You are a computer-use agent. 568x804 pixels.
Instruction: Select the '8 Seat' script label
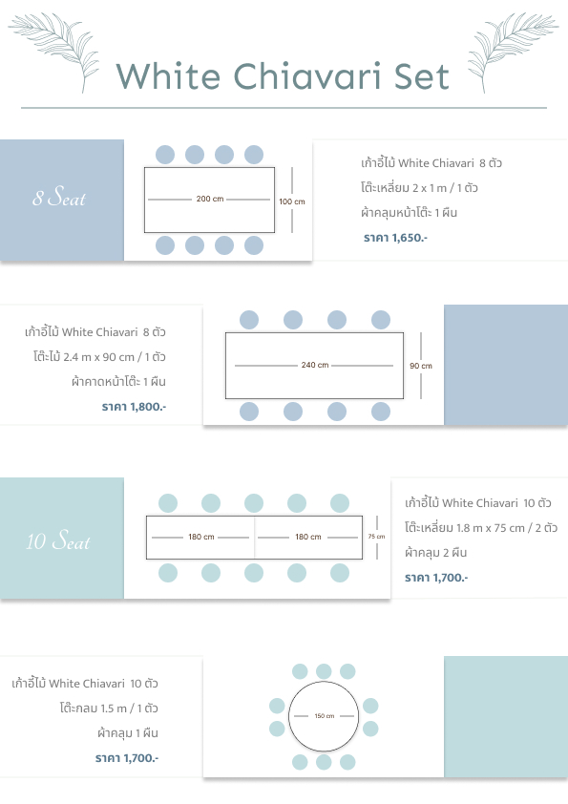coord(59,197)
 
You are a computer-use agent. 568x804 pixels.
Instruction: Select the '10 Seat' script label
coord(58,540)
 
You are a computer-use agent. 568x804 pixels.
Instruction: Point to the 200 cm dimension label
coord(210,199)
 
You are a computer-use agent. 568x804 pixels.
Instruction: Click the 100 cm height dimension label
coord(292,201)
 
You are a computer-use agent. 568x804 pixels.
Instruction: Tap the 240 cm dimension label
coord(315,365)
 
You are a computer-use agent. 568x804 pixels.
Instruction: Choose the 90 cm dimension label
coord(421,366)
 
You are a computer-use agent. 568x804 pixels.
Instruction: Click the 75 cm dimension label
coord(376,537)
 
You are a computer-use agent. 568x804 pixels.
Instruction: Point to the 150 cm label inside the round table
coord(324,716)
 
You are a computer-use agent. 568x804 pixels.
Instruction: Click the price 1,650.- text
coord(395,238)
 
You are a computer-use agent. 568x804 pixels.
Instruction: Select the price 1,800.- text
coord(134,407)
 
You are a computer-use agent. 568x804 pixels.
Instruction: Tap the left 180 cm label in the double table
coord(201,537)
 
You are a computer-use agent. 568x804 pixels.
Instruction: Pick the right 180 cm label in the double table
coord(308,537)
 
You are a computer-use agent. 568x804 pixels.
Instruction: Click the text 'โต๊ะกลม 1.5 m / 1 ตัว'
coord(109,709)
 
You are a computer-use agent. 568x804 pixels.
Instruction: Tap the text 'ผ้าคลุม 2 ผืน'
coord(435,552)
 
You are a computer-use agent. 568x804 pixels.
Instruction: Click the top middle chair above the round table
coord(324,671)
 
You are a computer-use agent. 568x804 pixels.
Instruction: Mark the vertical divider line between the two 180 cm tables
coord(254,538)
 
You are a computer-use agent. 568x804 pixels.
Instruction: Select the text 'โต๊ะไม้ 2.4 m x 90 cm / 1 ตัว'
coord(99,356)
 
